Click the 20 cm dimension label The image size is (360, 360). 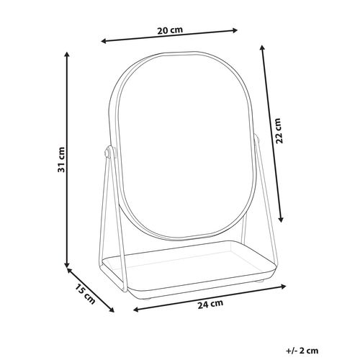[x=170, y=30]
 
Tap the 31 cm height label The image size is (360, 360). [x=61, y=160]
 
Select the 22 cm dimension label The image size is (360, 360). [x=279, y=131]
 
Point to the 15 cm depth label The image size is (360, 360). [x=85, y=294]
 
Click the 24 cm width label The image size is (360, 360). [x=210, y=304]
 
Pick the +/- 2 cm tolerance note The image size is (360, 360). [x=302, y=351]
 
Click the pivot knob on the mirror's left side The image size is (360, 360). [x=107, y=152]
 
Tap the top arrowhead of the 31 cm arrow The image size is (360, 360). [x=68, y=54]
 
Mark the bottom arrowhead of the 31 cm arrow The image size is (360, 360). [x=68, y=264]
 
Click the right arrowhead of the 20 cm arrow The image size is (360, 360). [x=235, y=30]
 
